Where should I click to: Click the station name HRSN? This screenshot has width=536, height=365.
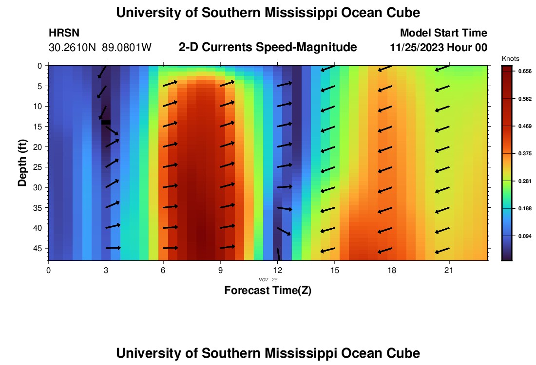coord(64,33)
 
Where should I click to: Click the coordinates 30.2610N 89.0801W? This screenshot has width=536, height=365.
coord(100,48)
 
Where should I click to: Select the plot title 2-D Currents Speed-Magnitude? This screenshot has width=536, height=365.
coord(268,47)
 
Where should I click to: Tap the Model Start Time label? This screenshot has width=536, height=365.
coord(443,33)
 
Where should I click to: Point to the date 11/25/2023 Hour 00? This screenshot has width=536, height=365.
coord(439,48)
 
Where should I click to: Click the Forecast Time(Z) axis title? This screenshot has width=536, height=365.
coord(268,291)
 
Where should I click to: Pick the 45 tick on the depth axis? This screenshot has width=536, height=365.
coord(39,248)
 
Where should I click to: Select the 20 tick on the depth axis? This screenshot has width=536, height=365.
coord(39,146)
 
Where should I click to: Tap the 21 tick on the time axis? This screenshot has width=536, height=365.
coord(449,269)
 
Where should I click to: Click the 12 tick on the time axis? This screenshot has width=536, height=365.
coord(277,269)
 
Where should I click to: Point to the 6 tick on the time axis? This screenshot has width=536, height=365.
coord(163,269)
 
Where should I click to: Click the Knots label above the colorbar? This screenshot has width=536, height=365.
coord(509,58)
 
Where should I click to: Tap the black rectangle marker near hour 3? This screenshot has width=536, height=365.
coord(106,122)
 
